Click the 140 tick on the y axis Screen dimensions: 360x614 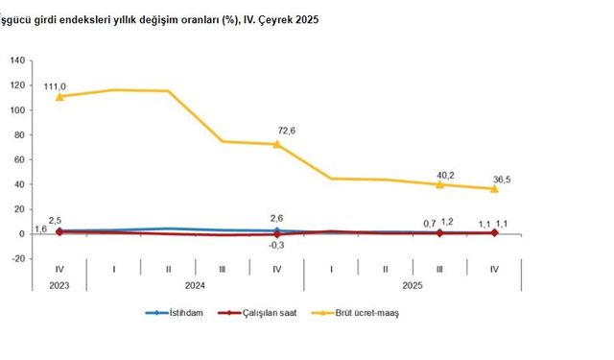[16, 60]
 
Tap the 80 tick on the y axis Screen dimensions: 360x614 [18, 134]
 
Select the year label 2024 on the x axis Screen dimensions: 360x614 [195, 284]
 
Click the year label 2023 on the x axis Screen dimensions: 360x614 [59, 284]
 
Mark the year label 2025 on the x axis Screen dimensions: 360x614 [413, 284]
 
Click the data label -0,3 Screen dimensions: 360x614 [277, 245]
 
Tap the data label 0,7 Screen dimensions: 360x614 [430, 223]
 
